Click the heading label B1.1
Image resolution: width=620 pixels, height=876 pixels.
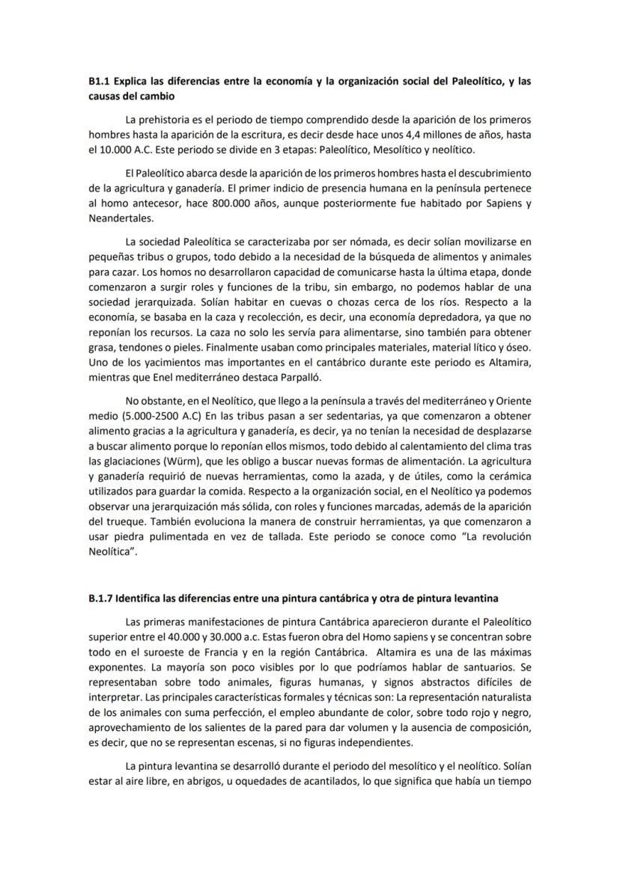pos(99,81)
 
